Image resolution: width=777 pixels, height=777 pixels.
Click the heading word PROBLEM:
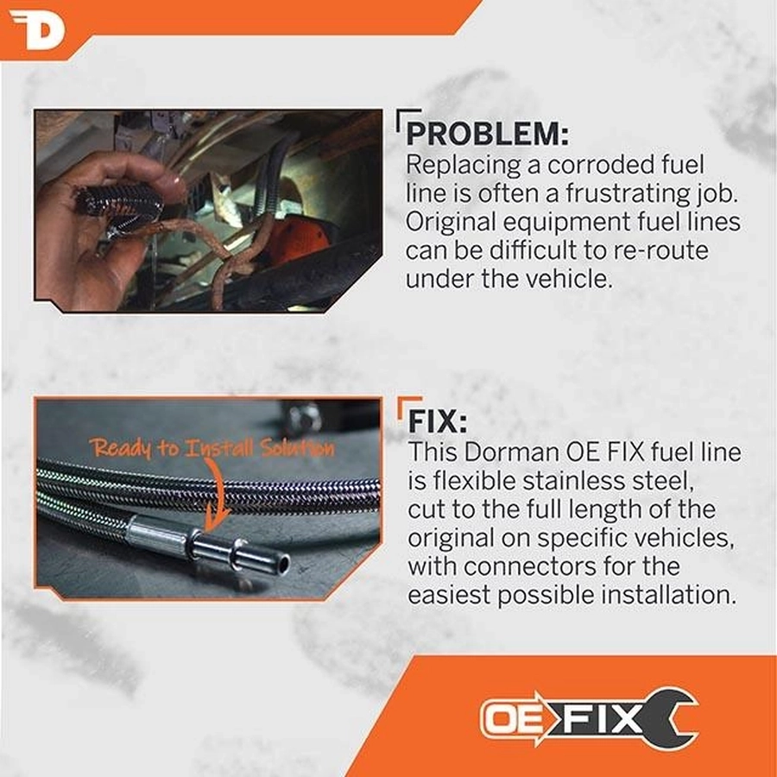pos(488,133)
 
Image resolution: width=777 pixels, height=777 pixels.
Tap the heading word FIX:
pos(438,421)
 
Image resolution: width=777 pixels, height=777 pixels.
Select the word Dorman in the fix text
pos(512,452)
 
